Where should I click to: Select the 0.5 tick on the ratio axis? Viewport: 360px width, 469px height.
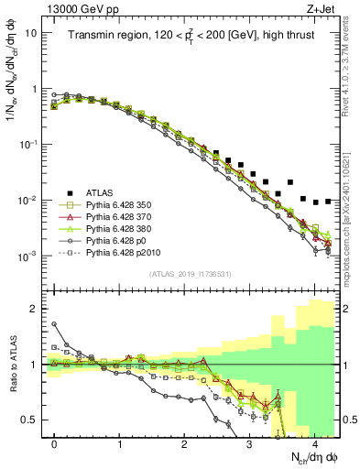pos(30,420)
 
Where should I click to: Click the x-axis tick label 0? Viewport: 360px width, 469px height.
pos(54,442)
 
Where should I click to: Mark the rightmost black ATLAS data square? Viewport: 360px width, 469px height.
pos(327,201)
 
